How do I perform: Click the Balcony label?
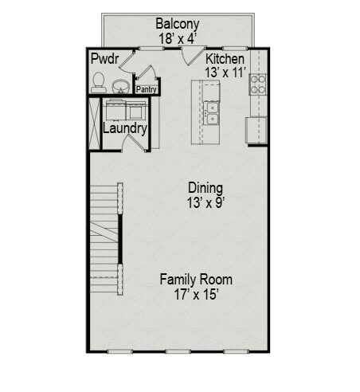point(177,23)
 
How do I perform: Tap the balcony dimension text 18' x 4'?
point(177,37)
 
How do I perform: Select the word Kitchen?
point(225,59)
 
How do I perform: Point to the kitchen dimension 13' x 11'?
point(225,73)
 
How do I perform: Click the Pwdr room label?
point(104,59)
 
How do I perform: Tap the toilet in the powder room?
point(99,81)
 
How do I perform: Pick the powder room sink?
point(121,85)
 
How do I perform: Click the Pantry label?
point(147,90)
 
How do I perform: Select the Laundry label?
point(124,127)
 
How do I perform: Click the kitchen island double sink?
point(212,113)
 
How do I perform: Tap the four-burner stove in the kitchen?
point(259,83)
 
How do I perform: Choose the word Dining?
point(205,188)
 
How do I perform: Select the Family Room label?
point(196,280)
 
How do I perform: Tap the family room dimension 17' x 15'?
point(196,294)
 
